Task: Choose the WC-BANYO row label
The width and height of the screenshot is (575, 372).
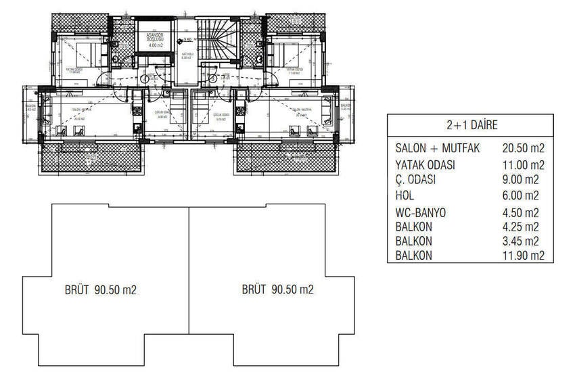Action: point(422,212)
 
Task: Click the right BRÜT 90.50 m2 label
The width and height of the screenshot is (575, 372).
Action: point(277,289)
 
